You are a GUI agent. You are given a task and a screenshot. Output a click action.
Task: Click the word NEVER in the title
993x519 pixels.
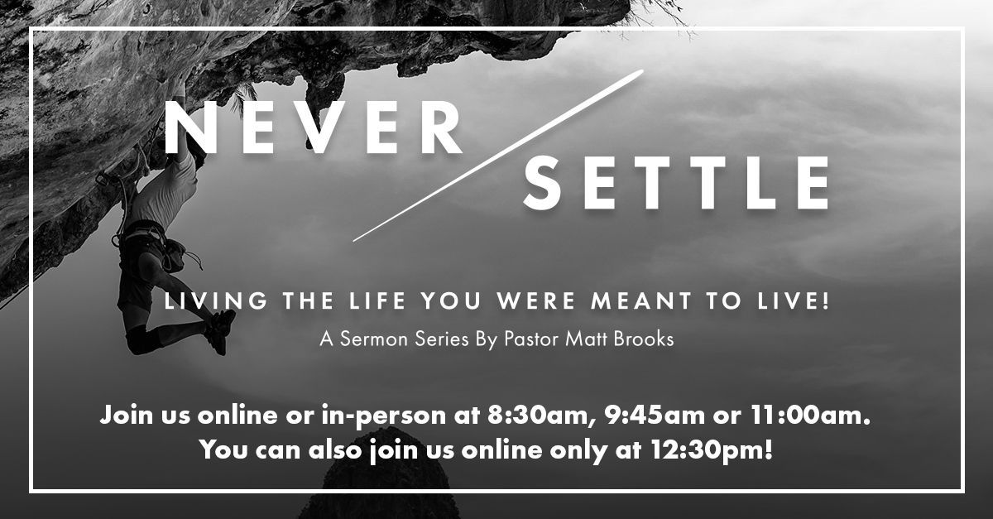[x=314, y=127]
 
